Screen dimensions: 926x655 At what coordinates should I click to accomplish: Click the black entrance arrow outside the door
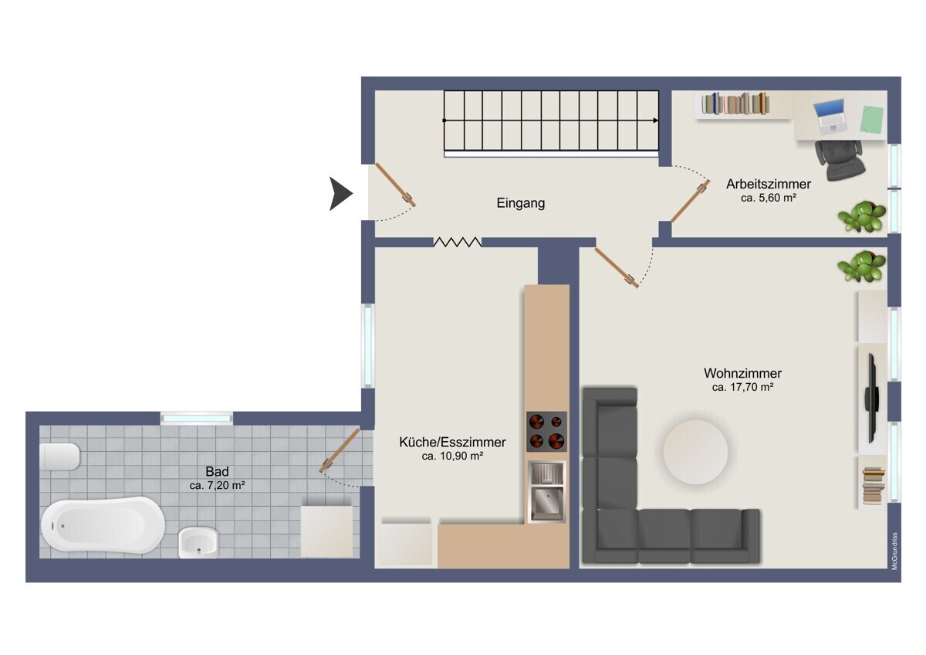pyautogui.click(x=340, y=194)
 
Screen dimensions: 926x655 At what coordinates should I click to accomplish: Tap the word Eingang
pyautogui.click(x=520, y=203)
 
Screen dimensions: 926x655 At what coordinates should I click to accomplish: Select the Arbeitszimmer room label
pyautogui.click(x=769, y=184)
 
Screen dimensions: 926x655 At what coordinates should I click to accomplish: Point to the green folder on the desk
pyautogui.click(x=871, y=120)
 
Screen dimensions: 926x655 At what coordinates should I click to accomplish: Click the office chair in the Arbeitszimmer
pyautogui.click(x=840, y=160)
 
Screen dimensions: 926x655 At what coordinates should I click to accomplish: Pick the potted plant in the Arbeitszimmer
pyautogui.click(x=862, y=216)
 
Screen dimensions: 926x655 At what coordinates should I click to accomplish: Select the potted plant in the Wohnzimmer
pyautogui.click(x=862, y=266)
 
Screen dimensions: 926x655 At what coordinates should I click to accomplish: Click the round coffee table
pyautogui.click(x=695, y=452)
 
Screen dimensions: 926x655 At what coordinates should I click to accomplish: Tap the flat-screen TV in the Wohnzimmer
pyautogui.click(x=872, y=398)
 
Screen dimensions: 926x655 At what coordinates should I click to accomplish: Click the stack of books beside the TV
pyautogui.click(x=874, y=485)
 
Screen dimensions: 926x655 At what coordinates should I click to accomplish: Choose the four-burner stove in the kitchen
pyautogui.click(x=546, y=432)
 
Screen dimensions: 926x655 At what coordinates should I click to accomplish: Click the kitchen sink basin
pyautogui.click(x=546, y=504)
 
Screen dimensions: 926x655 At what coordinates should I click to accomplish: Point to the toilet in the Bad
pyautogui.click(x=59, y=456)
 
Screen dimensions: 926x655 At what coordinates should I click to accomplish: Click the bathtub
pyautogui.click(x=103, y=525)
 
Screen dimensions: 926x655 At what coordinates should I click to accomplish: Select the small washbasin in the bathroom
pyautogui.click(x=198, y=542)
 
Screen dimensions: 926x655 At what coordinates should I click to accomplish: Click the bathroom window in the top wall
pyautogui.click(x=196, y=419)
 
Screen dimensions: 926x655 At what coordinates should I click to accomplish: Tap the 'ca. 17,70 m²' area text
pyautogui.click(x=742, y=387)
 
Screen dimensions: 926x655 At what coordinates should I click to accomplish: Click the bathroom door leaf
pyautogui.click(x=340, y=450)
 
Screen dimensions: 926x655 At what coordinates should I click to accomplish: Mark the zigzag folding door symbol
pyautogui.click(x=457, y=242)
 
